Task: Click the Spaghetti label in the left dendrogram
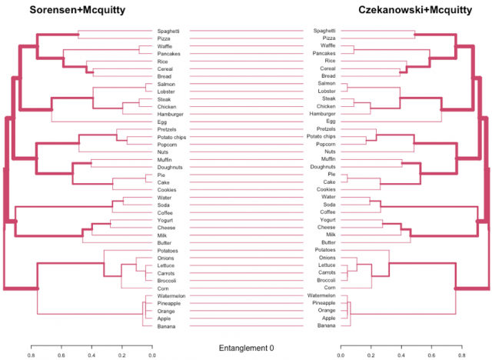pos(168,32)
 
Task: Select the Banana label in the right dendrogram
pos(325,326)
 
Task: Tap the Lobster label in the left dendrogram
pos(169,92)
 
